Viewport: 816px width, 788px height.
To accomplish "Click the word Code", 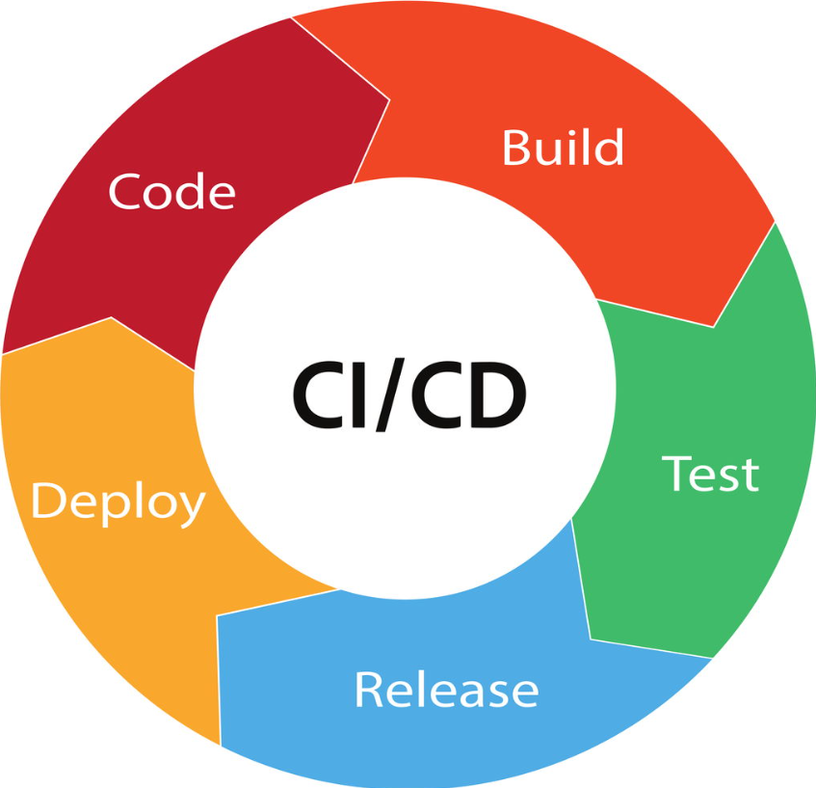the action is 171,192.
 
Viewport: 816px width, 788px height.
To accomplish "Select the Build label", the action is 563,147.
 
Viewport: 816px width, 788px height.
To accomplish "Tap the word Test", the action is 710,474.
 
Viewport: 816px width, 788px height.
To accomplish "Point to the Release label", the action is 446,689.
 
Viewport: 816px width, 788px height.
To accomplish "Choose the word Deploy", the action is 118,502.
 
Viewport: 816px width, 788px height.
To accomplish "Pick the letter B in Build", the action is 515,148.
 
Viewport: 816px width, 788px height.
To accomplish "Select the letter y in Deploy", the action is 190,509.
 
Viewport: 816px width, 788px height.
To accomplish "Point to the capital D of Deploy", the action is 47,500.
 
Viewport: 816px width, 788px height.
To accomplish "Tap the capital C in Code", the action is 124,192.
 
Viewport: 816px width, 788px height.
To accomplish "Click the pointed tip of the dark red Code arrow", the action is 389,99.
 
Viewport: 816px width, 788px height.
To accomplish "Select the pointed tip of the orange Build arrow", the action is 714,327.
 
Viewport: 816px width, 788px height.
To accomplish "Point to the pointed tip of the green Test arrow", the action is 591,639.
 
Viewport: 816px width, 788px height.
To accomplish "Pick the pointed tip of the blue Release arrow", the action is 217,616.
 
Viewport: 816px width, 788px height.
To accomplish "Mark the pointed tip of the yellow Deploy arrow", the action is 111,317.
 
